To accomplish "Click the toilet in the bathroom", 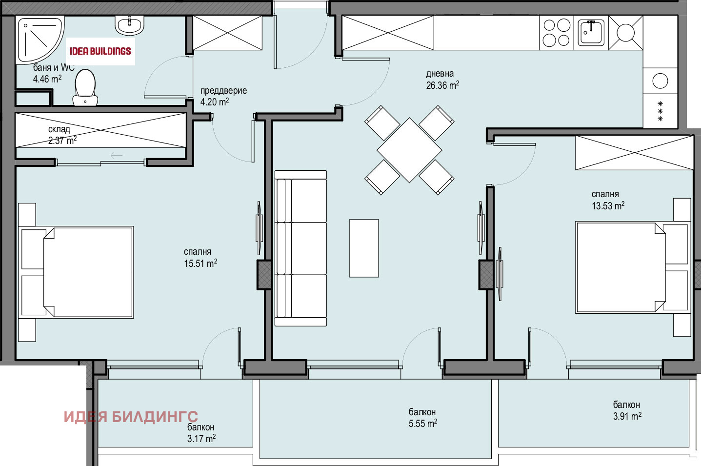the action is pos(85,87).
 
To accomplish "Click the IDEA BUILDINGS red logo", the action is pos(100,51).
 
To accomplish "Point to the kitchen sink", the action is pos(591,32).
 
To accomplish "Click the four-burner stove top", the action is pos(556,33).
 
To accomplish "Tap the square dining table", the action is pos(409,150).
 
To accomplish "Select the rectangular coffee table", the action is pos(364,248).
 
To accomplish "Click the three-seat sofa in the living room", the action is pos(300,248).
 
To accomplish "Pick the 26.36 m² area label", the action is pos(442,85).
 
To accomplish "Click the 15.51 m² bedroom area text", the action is pos(200,263).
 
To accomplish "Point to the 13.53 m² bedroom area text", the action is pos(608,205).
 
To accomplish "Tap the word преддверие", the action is pos(223,91).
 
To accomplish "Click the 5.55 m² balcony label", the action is pos(423,424).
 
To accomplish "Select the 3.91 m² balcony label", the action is pos(627,416).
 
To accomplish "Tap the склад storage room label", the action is pos(59,129).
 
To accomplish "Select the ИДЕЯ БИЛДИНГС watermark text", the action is pos(131,417).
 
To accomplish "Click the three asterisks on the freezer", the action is pos(661,111).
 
